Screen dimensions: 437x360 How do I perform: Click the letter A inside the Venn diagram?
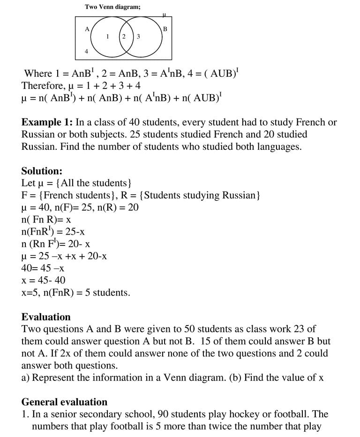pos(87,29)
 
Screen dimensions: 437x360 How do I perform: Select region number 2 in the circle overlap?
pos(124,36)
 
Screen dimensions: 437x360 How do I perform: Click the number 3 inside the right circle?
pos(138,37)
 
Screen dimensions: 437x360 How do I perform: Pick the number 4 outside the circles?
pos(86,52)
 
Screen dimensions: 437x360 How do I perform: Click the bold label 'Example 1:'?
pos(47,123)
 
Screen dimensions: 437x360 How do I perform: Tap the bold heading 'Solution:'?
pos(42,171)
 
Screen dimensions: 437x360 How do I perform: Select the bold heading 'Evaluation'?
pos(46,317)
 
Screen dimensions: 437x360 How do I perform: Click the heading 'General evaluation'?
pos(64,402)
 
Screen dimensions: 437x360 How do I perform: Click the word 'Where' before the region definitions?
pos(38,74)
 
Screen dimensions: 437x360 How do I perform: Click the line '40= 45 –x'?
pos(43,268)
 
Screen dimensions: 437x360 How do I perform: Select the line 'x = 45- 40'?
pos(44,281)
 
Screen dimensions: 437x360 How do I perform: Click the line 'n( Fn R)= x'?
pos(46,220)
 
